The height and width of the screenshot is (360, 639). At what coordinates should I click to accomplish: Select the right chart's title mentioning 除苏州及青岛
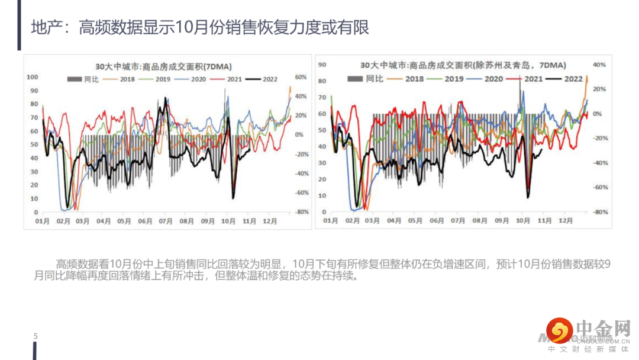(463, 65)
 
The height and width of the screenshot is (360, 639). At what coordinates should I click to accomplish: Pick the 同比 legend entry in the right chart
(363, 78)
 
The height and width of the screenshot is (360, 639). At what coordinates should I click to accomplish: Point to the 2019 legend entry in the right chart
(446, 78)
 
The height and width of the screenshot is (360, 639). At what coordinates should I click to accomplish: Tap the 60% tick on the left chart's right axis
(300, 77)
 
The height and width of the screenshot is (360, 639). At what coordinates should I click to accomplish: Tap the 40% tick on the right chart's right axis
(600, 65)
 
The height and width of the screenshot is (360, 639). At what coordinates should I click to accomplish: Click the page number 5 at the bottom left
(35, 336)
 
